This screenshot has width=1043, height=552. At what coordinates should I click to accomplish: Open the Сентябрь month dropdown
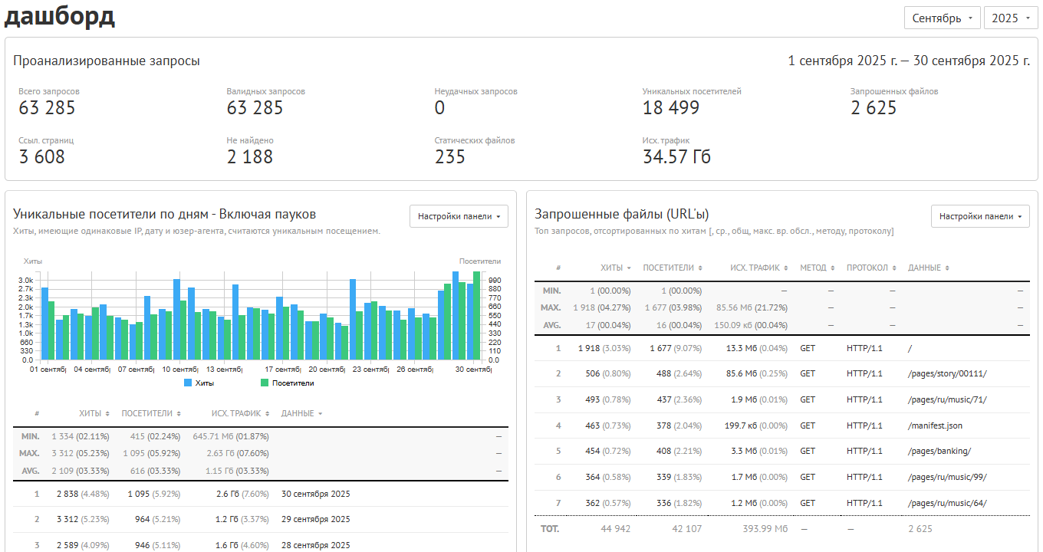pyautogui.click(x=942, y=18)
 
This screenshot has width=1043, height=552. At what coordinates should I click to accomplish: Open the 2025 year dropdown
pyautogui.click(x=1011, y=18)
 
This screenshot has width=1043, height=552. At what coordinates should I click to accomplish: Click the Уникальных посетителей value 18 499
pyautogui.click(x=670, y=108)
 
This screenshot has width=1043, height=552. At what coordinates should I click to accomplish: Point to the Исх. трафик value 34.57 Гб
pyautogui.click(x=676, y=157)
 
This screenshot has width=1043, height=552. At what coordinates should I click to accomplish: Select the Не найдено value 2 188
pyautogui.click(x=249, y=157)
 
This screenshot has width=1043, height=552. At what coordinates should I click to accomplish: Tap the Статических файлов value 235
pyautogui.click(x=449, y=157)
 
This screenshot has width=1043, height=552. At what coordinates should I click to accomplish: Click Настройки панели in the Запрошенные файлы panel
pyautogui.click(x=980, y=216)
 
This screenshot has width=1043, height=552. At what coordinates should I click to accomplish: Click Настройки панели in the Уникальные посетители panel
pyautogui.click(x=459, y=216)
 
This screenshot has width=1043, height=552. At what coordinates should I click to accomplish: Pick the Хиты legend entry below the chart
pyautogui.click(x=199, y=383)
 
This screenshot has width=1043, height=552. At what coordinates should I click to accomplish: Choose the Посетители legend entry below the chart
pyautogui.click(x=288, y=383)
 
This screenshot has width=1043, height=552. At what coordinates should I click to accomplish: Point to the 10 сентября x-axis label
pyautogui.click(x=180, y=369)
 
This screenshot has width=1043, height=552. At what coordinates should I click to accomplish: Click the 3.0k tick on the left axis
pyautogui.click(x=26, y=280)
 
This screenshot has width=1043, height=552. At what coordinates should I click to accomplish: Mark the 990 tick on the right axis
pyautogui.click(x=495, y=280)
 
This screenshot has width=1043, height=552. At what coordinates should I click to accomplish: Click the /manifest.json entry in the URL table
pyautogui.click(x=935, y=426)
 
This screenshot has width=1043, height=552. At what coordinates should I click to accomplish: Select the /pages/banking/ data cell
pyautogui.click(x=939, y=451)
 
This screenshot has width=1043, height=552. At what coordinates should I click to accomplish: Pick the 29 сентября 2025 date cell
pyautogui.click(x=316, y=519)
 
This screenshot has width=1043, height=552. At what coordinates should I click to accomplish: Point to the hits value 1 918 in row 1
pyautogui.click(x=589, y=348)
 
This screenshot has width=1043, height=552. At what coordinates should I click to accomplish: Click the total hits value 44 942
pyautogui.click(x=616, y=529)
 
